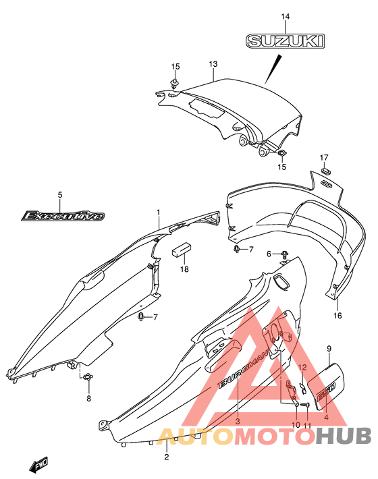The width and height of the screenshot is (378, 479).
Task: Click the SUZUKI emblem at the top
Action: coord(285,41)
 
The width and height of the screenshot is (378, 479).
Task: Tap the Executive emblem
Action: coord(63,216)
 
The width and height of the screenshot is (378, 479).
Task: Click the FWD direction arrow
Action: coord(38,465)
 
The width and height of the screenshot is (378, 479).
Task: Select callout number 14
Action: coord(286,16)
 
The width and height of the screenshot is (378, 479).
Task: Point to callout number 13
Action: coord(213,64)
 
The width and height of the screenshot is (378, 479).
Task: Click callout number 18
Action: coord(184,269)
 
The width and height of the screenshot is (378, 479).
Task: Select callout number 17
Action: coord(324,158)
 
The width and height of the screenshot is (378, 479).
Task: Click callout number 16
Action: coord(337,315)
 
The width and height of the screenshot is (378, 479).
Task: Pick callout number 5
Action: coord(60,194)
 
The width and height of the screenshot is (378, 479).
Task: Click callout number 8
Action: coord(88,398)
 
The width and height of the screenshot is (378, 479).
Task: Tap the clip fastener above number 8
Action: coord(87,376)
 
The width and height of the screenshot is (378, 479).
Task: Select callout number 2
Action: coord(167,457)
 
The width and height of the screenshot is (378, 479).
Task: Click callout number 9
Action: coord(329,349)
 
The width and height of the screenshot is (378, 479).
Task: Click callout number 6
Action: coord(269,254)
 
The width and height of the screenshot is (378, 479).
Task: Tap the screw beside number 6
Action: coord(285,254)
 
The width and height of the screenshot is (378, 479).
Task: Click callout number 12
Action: coord(302,368)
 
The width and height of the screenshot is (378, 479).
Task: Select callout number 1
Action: coord(159,212)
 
